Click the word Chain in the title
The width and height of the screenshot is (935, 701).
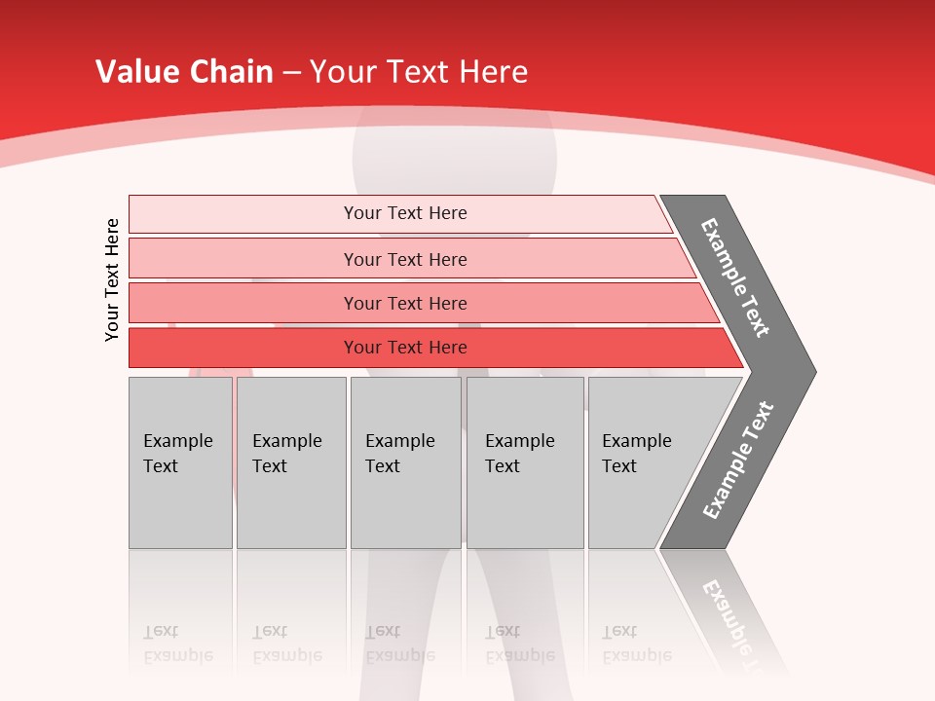pos(232,71)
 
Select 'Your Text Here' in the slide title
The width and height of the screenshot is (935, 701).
pos(419,71)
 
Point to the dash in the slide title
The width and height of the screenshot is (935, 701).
pos(291,72)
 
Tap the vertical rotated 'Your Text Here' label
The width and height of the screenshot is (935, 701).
pos(113,279)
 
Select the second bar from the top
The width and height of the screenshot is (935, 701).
pos(404,259)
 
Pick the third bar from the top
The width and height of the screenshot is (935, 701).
pos(404,303)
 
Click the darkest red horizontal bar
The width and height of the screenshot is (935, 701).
pos(404,348)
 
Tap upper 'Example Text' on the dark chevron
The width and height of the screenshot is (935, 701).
pos(735,277)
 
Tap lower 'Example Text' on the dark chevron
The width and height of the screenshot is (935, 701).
pos(738,461)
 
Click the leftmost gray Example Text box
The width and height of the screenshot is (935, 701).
pos(180,462)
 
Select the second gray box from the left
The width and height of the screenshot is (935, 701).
pos(291,462)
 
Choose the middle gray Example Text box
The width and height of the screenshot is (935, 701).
pos(405,462)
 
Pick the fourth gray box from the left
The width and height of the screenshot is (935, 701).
pos(525,462)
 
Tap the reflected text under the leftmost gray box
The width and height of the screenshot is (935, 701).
pos(177,644)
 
